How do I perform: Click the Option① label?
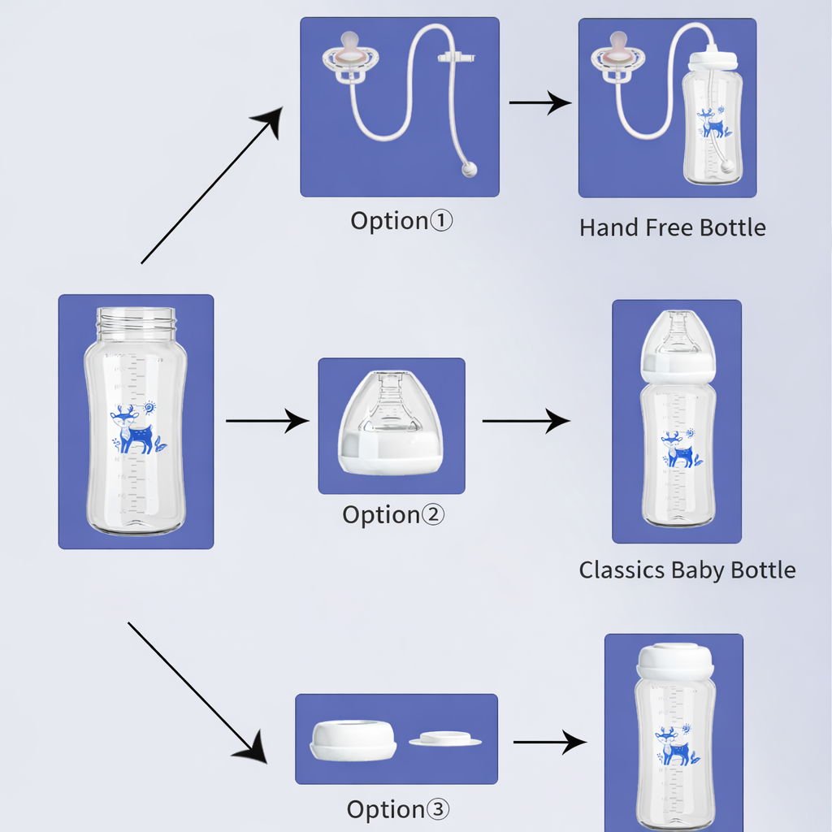point(401,221)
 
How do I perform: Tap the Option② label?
point(393,515)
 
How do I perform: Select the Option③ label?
point(397,809)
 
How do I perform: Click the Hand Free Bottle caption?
point(672,227)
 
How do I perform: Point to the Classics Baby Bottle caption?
point(687,570)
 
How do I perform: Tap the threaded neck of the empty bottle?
point(136,320)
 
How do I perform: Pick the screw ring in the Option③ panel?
point(353,739)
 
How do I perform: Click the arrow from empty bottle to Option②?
point(267,421)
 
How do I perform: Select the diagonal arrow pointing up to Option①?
point(213,188)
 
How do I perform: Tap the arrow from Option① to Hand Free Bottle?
point(540,103)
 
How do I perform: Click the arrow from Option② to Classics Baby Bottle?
point(526,421)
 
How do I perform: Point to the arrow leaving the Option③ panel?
point(549,742)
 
